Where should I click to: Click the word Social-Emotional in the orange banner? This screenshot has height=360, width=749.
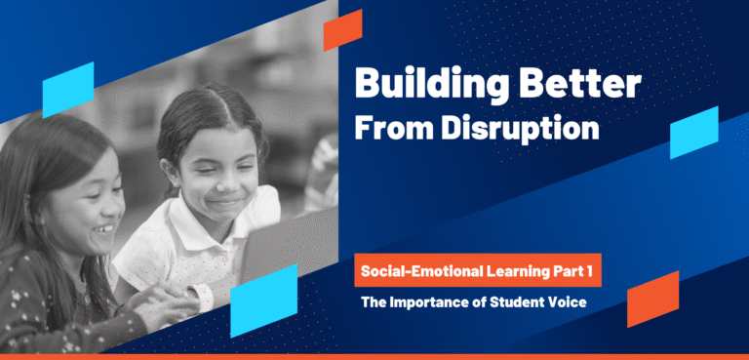(417, 267)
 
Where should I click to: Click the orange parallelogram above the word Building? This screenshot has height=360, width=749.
(343, 29)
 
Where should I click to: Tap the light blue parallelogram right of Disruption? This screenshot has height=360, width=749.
(693, 132)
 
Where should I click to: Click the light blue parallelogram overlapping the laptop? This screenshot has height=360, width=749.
(263, 294)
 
